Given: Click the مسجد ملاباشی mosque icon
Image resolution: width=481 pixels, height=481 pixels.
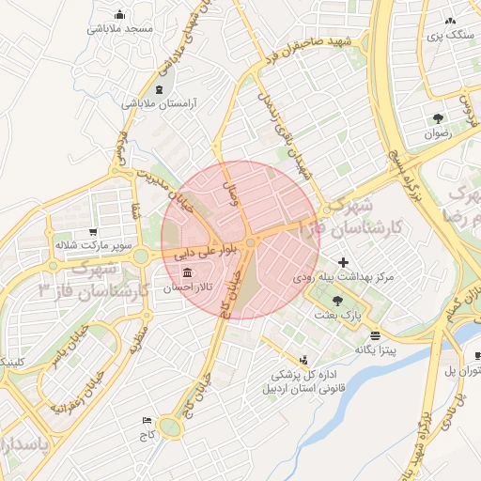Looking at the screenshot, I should (x=119, y=15).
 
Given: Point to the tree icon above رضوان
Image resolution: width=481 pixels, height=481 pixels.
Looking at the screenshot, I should (x=438, y=118).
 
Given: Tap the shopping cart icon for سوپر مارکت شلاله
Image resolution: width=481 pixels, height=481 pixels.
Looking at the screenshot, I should (x=92, y=231).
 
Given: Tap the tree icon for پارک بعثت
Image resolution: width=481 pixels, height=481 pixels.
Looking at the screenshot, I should (x=337, y=301).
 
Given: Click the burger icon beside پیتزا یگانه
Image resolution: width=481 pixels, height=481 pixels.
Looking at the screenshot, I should (x=375, y=335).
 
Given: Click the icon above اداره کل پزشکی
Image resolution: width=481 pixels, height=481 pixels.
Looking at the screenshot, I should (x=303, y=359).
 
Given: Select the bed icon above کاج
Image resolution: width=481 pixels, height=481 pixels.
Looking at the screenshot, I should (x=146, y=421).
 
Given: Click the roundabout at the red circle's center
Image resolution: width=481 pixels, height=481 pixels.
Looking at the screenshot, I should (x=251, y=245).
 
